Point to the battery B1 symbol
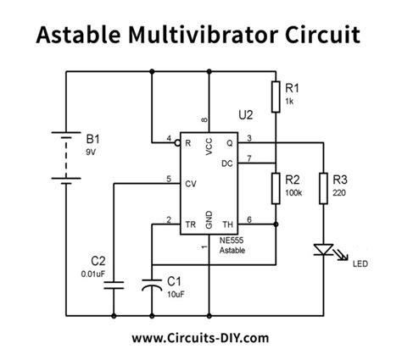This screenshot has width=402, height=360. tap(66, 156)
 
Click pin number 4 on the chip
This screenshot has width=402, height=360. tap(169, 137)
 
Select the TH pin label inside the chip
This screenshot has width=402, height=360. tap(226, 224)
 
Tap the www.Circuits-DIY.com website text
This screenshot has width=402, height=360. tap(201, 338)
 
